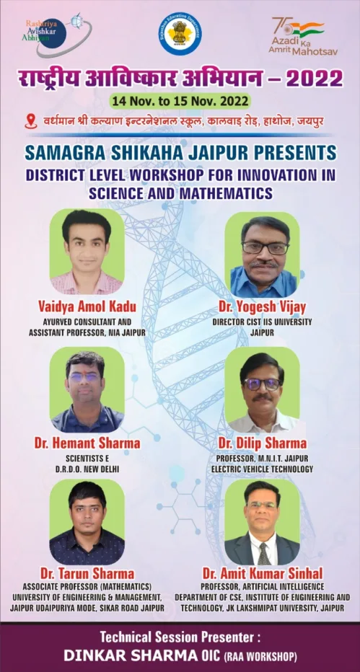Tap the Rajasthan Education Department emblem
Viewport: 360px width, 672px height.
[x=180, y=33]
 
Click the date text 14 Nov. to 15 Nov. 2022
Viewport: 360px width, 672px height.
[x=180, y=100]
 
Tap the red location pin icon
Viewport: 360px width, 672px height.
[x=30, y=120]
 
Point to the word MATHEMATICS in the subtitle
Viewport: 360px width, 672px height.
[x=232, y=193]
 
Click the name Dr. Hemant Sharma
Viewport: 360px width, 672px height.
[x=87, y=442]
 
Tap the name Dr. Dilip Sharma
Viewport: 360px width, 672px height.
[x=262, y=443]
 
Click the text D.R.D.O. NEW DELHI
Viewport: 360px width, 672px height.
[x=87, y=469]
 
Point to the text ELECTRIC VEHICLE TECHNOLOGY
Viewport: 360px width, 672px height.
[x=262, y=469]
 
